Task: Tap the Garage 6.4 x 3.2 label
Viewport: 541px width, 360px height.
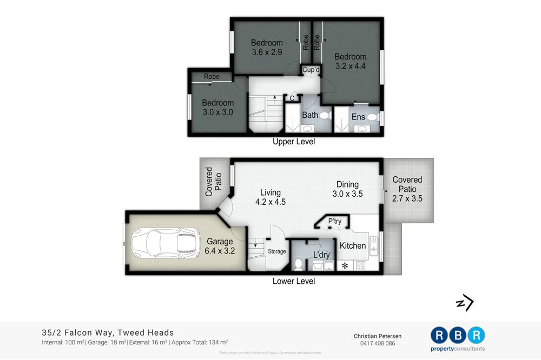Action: pos(219,246)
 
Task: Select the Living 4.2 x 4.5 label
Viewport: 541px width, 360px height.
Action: pos(270,197)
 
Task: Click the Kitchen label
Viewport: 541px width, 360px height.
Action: pos(352,245)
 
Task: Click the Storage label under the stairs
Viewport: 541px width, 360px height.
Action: pos(276,251)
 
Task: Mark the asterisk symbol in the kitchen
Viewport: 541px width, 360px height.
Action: pos(345,265)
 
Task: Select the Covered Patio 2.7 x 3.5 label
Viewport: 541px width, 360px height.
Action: pos(407,189)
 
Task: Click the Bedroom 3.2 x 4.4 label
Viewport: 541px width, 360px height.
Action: pos(350,62)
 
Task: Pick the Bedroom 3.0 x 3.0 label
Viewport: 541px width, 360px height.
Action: pos(217,108)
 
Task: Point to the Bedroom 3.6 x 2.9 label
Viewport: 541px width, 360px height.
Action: pos(267,48)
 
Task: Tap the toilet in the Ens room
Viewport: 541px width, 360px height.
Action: pos(372,117)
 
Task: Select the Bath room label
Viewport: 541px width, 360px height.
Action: pos(310,115)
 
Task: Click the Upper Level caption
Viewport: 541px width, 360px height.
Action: pos(294,142)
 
